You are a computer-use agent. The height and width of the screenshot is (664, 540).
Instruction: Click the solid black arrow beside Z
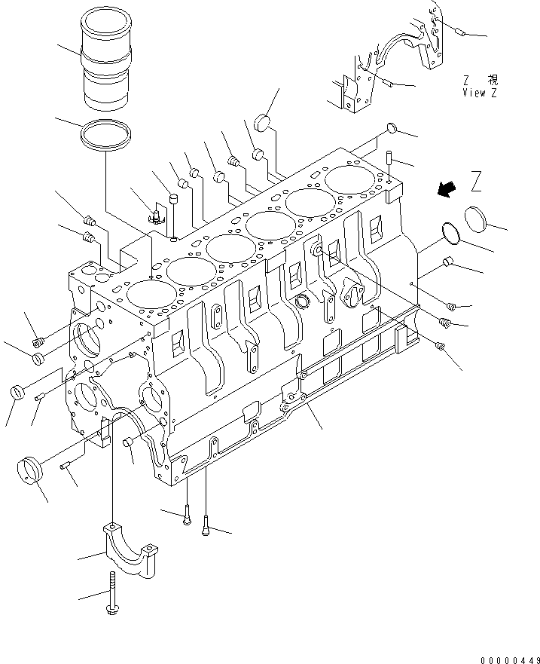coord(447,189)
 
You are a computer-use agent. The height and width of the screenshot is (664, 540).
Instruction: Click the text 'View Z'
coord(480,93)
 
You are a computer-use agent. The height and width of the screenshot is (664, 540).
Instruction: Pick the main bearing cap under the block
coord(130,549)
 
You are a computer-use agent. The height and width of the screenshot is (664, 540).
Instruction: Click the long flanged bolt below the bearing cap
coord(112,593)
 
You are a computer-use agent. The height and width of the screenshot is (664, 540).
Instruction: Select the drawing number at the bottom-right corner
coord(510,659)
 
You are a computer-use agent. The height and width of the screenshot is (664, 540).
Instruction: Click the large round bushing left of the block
coord(29,470)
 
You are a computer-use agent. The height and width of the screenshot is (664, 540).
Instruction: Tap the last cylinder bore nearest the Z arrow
coord(349,179)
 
